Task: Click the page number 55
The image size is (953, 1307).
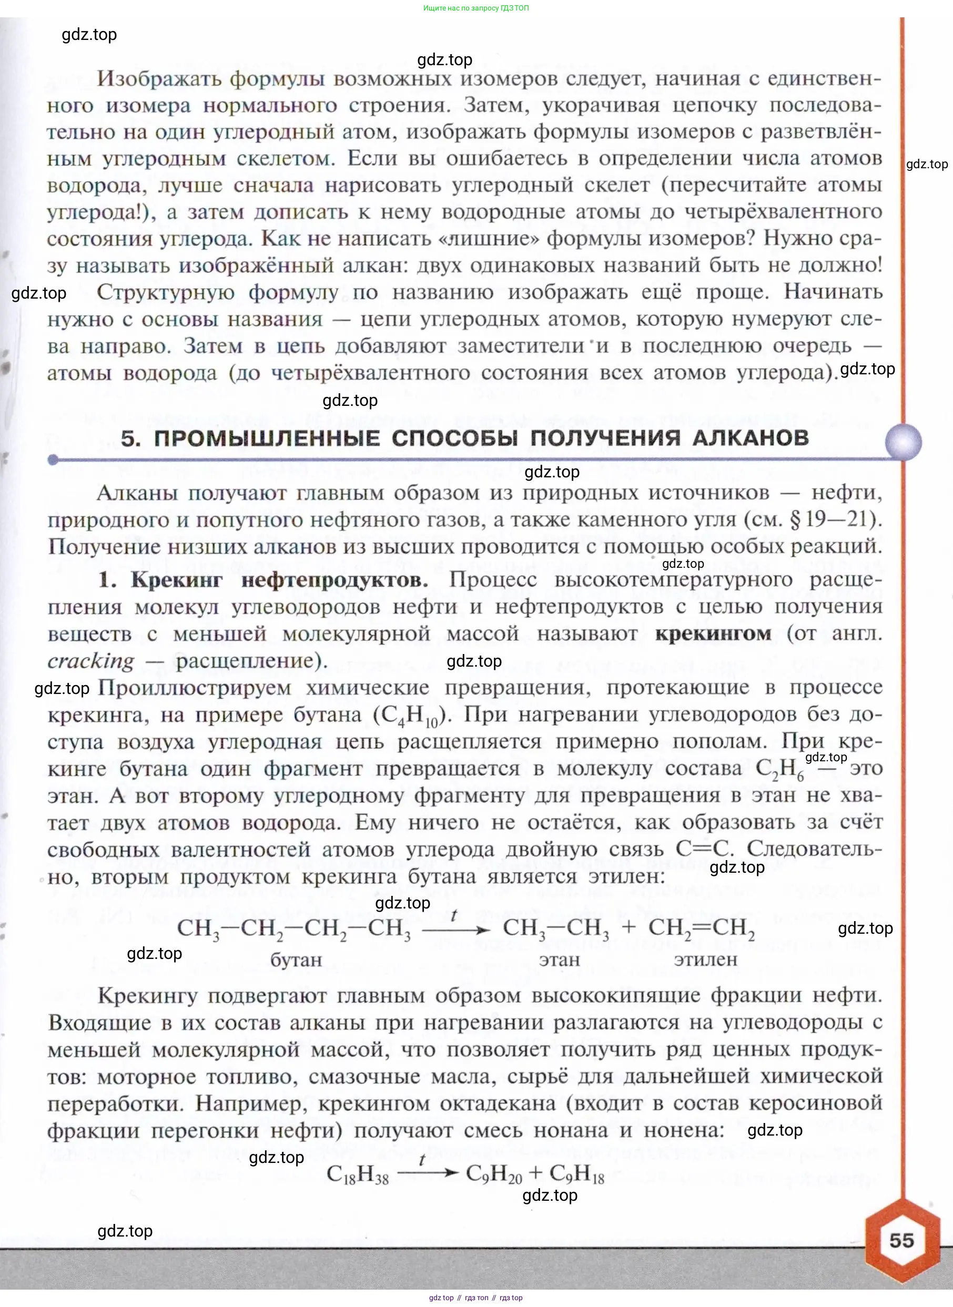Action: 901,1240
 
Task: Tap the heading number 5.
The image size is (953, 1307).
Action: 130,439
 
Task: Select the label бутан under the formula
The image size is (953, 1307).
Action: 296,960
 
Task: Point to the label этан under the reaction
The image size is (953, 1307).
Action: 559,959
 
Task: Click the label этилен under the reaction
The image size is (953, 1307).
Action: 705,959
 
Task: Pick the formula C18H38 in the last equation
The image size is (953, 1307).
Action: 358,1174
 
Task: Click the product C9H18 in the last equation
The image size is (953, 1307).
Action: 576,1174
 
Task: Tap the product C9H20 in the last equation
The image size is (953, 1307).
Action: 494,1174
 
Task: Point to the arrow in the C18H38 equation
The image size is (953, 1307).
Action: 427,1172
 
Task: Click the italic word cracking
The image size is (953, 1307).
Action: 90,661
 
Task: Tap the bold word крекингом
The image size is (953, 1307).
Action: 713,634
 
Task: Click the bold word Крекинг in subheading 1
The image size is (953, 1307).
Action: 176,579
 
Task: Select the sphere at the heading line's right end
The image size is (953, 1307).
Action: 903,442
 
